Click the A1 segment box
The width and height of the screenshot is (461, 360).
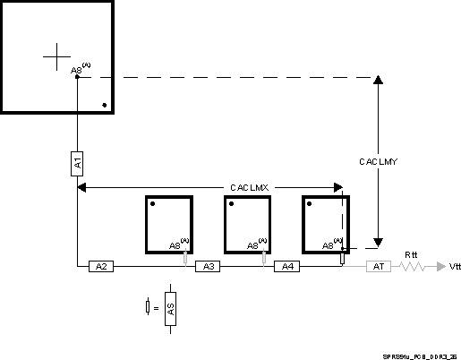77,163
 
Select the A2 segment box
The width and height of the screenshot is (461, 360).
101,266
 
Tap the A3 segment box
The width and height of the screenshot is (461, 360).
207,266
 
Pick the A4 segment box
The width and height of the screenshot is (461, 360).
286,266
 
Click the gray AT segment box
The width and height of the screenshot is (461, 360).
378,266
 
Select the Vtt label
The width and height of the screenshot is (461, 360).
456,267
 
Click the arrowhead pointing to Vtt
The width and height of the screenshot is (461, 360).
440,266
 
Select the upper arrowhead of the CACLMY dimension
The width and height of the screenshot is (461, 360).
379,81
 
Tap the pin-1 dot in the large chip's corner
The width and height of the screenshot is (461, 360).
105,106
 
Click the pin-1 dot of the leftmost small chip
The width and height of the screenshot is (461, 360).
153,204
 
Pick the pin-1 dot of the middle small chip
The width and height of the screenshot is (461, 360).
231,204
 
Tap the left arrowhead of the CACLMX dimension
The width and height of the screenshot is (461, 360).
82,187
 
